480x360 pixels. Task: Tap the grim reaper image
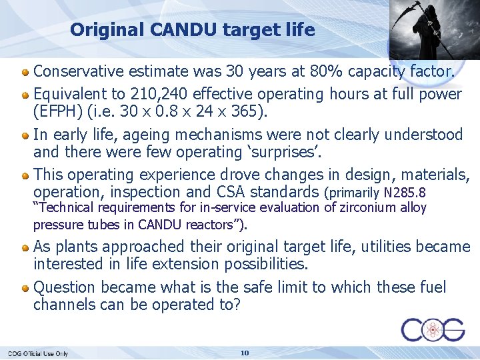(427, 30)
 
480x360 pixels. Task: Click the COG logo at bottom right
(433, 329)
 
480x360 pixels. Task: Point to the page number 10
(244, 353)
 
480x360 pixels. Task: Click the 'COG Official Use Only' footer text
(38, 353)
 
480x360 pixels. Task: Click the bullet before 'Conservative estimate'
(25, 71)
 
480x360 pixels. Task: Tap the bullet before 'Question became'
(25, 288)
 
